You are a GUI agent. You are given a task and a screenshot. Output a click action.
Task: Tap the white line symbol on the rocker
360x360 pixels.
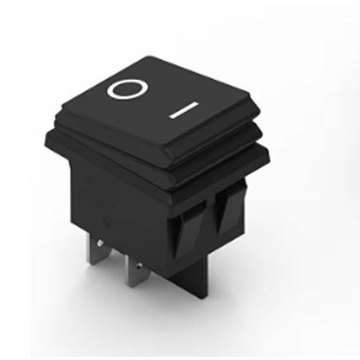[184, 110]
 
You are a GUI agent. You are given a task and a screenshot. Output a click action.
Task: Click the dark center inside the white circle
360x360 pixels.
[127, 90]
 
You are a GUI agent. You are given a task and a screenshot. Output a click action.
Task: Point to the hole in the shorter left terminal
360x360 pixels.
[100, 242]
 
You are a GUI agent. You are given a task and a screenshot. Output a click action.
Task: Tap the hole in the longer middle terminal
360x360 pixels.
[138, 266]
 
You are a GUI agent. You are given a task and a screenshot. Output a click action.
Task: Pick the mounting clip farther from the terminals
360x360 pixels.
[230, 210]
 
